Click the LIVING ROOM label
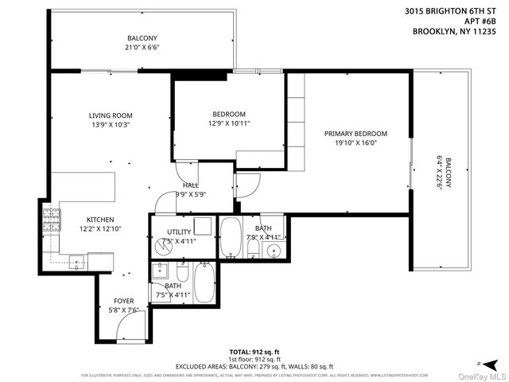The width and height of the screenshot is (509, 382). pyautogui.click(x=110, y=115)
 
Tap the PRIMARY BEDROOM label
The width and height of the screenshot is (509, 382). pyautogui.click(x=356, y=134)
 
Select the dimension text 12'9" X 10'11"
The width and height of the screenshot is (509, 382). pyautogui.click(x=229, y=123)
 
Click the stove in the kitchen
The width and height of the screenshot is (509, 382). pyautogui.click(x=51, y=220)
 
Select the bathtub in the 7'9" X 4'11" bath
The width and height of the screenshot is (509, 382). pyautogui.click(x=231, y=237)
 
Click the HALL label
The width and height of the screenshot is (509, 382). pyautogui.click(x=190, y=185)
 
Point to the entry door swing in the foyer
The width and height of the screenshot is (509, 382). pyautogui.click(x=134, y=322)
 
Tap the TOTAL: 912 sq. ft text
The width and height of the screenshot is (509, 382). pyautogui.click(x=254, y=351)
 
